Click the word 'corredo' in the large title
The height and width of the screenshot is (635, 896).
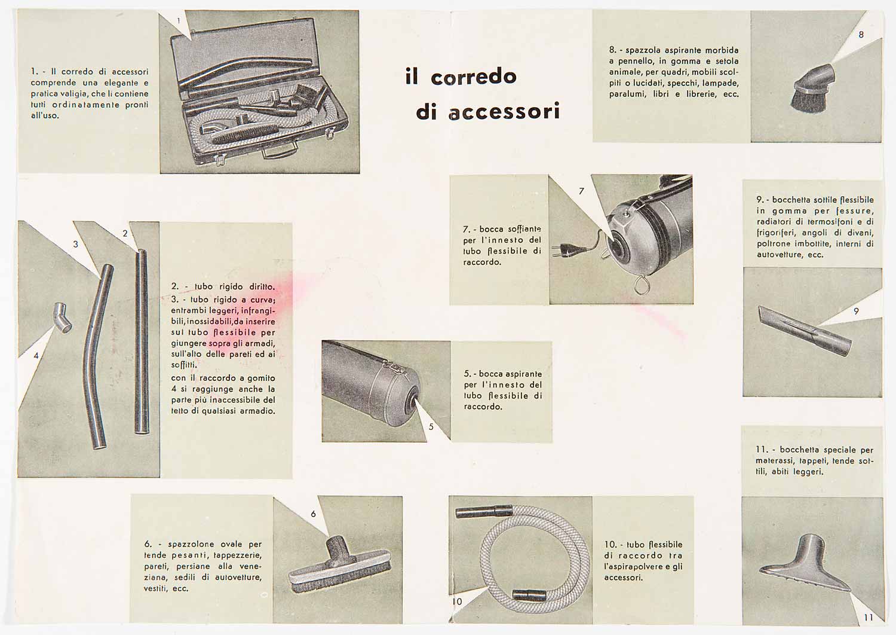click(x=474, y=77)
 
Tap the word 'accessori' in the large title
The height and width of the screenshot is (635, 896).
click(x=504, y=112)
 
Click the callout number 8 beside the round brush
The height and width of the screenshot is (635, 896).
click(x=861, y=35)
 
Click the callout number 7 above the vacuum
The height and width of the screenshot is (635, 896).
click(x=582, y=191)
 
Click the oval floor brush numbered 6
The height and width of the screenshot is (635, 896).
click(x=340, y=564)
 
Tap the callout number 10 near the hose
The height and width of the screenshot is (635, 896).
click(x=457, y=602)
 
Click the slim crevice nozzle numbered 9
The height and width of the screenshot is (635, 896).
click(x=805, y=331)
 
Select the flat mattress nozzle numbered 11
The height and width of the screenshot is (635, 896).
click(x=805, y=564)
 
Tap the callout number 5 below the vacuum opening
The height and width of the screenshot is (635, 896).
click(x=431, y=427)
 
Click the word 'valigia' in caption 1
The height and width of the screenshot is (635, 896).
click(x=76, y=94)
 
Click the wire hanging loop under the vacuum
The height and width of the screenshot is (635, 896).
click(x=641, y=285)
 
